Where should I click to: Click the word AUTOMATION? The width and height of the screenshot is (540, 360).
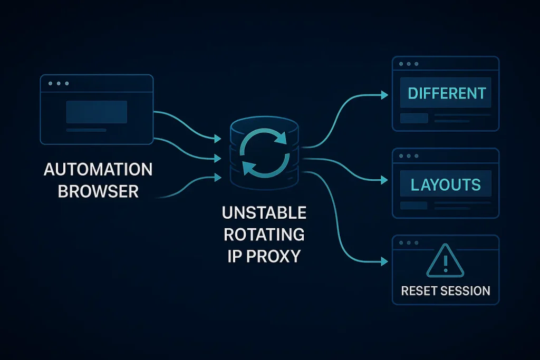tap(98, 170)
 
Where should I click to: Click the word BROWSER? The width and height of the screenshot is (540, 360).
tap(98, 191)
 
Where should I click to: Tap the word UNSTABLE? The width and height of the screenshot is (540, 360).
tap(264, 213)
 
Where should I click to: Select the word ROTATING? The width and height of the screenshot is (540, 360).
tap(264, 235)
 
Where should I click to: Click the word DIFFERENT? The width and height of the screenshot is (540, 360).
tap(446, 93)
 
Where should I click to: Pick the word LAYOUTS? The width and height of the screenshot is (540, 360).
tap(446, 184)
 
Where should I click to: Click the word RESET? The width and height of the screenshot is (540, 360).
tap(420, 290)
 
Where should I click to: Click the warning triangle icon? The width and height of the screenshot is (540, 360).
tap(446, 262)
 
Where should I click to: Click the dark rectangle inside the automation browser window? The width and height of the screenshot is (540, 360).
tap(97, 112)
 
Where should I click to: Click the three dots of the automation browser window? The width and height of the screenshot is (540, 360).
tap(58, 83)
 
